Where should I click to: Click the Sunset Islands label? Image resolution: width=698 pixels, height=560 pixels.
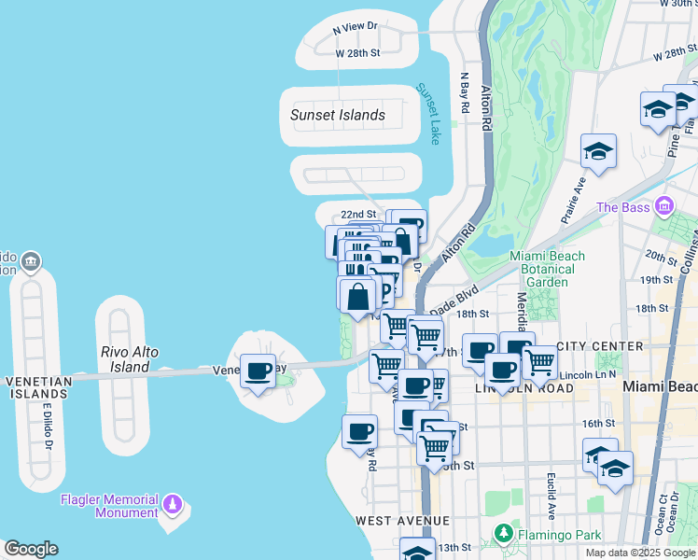(x=337, y=115)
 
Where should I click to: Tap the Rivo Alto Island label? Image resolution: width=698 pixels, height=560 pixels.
(x=130, y=359)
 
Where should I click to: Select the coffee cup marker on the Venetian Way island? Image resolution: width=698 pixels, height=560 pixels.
(x=258, y=371)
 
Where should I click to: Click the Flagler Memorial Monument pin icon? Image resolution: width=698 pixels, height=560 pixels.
(x=172, y=505)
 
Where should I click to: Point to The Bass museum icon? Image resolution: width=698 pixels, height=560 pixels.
(x=663, y=205)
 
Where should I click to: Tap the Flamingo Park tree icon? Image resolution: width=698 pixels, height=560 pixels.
(x=504, y=535)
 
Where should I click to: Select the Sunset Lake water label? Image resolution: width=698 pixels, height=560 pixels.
(x=433, y=113)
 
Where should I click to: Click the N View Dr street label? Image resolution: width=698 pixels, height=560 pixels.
(x=355, y=28)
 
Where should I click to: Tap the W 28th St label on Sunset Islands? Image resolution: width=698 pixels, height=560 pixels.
(x=358, y=52)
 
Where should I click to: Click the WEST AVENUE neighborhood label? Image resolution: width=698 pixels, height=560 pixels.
(x=402, y=520)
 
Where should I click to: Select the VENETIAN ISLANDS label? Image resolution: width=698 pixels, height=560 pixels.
(x=37, y=387)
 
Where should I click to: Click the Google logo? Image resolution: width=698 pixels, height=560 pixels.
(x=31, y=549)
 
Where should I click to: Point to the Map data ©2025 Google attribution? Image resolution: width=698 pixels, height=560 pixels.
(x=639, y=553)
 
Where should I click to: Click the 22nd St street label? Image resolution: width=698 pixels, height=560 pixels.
(x=357, y=214)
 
